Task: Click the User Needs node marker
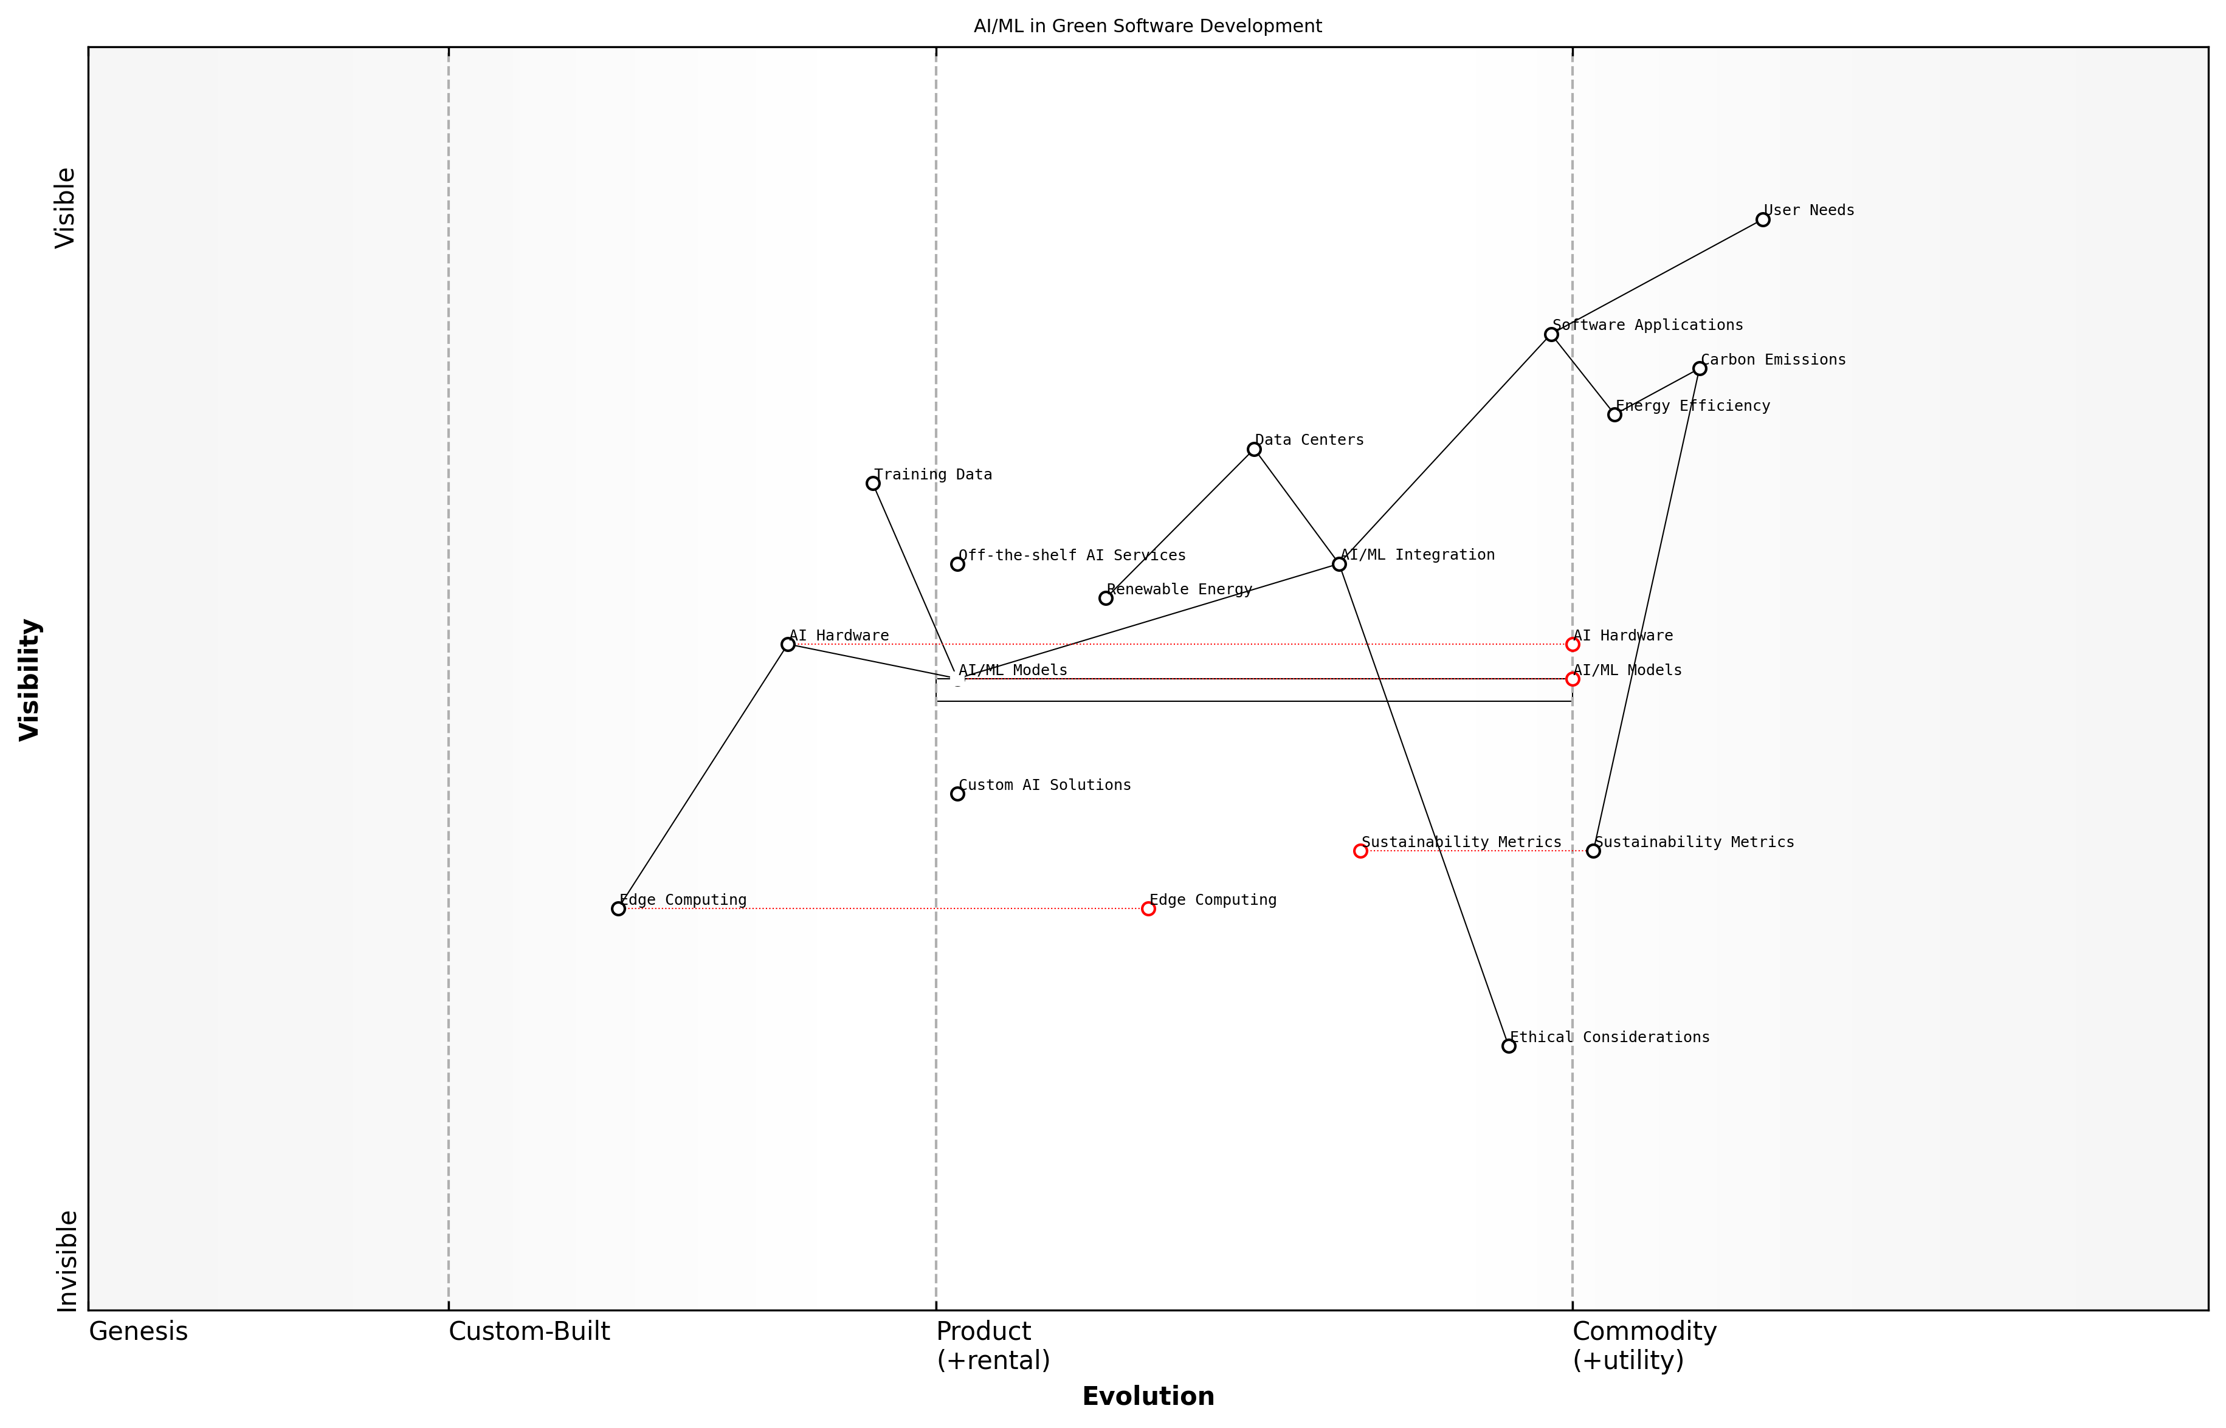[x=1762, y=220]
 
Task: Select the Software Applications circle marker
[x=1551, y=335]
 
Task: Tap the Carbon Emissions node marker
[x=1699, y=369]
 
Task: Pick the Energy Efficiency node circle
[x=1614, y=414]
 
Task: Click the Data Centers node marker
[x=1254, y=450]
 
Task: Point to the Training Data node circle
[x=873, y=483]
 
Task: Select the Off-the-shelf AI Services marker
[x=957, y=564]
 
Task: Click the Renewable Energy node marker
[x=1106, y=598]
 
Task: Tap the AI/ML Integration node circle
[x=1339, y=564]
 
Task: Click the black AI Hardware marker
[x=787, y=645]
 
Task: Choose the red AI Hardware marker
[x=1572, y=645]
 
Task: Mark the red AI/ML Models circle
[x=1572, y=679]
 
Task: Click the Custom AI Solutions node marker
[x=957, y=794]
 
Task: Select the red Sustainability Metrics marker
[x=1360, y=851]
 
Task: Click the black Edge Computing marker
[x=619, y=908]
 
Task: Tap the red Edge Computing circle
[x=1148, y=908]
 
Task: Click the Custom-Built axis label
[x=529, y=1331]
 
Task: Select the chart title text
[x=1147, y=26]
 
